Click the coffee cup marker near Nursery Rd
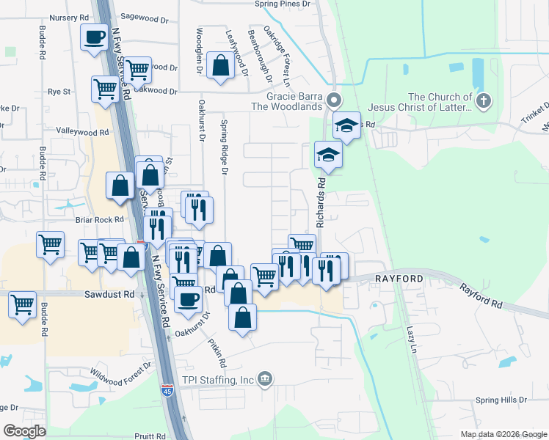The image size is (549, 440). pos(94,37)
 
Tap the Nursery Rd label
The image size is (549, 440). pos(72,16)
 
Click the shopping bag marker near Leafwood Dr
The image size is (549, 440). pos(220,66)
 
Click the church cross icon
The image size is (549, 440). pos(483,101)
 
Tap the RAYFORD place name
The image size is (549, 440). pos(399,279)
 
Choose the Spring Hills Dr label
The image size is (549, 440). pos(501,400)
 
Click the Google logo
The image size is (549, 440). pos(24,431)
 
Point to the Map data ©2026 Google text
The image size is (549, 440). pos(503,434)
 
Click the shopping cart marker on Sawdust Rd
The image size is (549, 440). pos(22,304)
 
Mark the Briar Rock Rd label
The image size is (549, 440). pos(97,219)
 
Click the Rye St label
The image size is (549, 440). pos(59,92)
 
